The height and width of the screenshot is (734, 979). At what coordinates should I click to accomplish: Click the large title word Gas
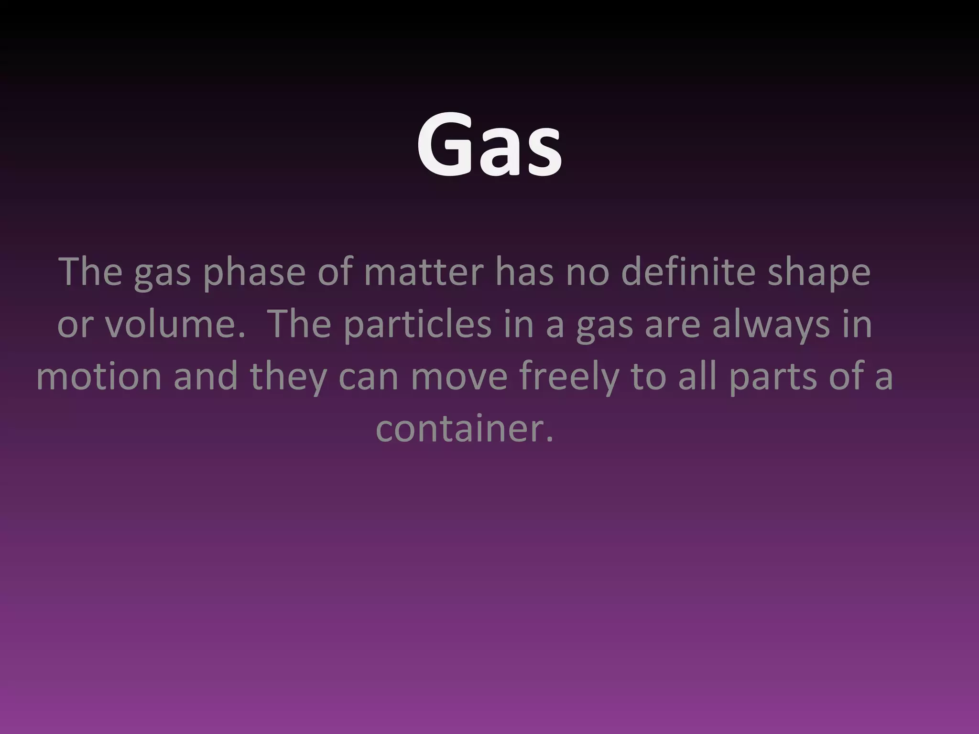coord(489,143)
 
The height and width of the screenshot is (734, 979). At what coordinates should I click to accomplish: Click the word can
coord(369,377)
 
